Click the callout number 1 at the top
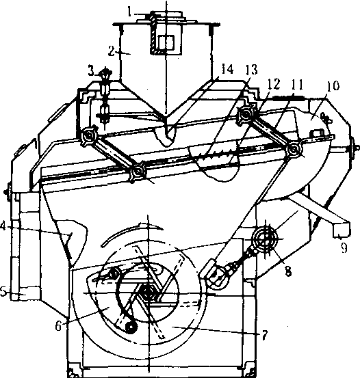pyautogui.click(x=129, y=12)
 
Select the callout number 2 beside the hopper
pyautogui.click(x=112, y=51)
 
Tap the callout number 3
pyautogui.click(x=91, y=71)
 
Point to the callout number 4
pyautogui.click(x=3, y=227)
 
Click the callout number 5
pyautogui.click(x=3, y=292)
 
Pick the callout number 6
pyautogui.click(x=58, y=327)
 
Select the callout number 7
pyautogui.click(x=265, y=335)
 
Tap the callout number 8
pyautogui.click(x=288, y=271)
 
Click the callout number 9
pyautogui.click(x=344, y=247)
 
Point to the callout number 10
pyautogui.click(x=333, y=86)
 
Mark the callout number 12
pyautogui.click(x=274, y=84)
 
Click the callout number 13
pyautogui.click(x=252, y=70)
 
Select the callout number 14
pyautogui.click(x=227, y=70)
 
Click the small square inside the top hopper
pyautogui.click(x=166, y=43)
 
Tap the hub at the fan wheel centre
pyautogui.click(x=147, y=293)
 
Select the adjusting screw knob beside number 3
pyautogui.click(x=105, y=72)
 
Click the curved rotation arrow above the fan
pyautogui.click(x=131, y=232)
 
